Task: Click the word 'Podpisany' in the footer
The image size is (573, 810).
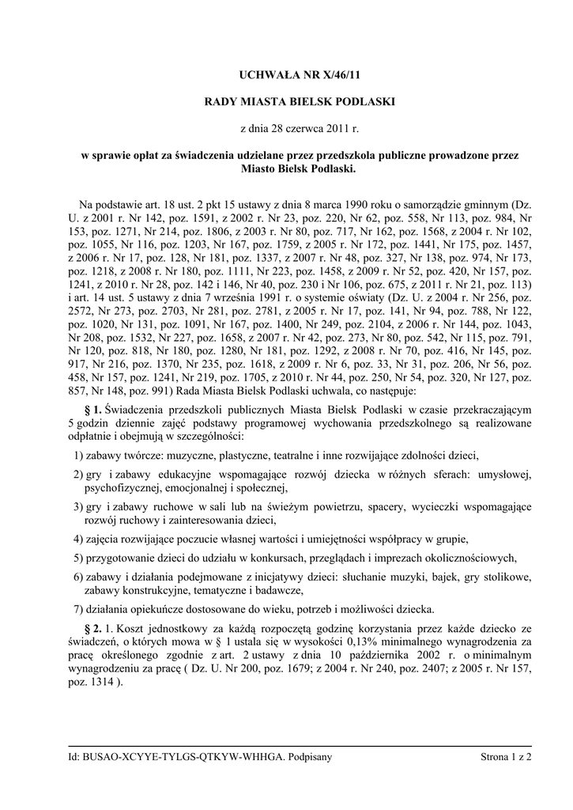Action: pos(310,757)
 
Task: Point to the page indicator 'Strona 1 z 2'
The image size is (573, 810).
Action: pos(505,757)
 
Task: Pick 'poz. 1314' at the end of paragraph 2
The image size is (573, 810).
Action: pos(90,683)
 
